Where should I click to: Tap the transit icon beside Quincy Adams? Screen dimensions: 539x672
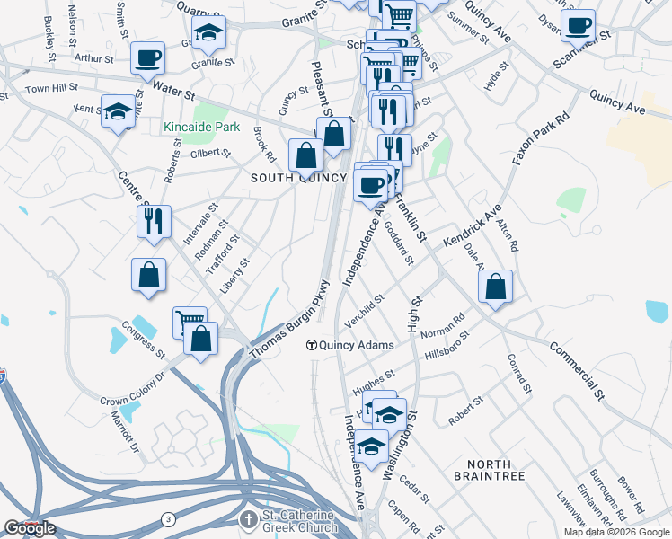tap(312, 344)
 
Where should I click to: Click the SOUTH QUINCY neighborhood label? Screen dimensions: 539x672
tap(298, 178)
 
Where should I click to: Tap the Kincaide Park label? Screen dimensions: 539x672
tap(202, 127)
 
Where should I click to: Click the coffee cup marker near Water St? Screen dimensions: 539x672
tap(148, 58)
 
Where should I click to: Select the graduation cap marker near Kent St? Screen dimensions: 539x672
tap(118, 111)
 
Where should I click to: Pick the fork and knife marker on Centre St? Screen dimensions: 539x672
tap(154, 220)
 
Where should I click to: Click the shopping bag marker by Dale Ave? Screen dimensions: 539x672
tap(495, 287)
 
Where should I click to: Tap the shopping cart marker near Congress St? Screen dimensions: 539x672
tap(190, 322)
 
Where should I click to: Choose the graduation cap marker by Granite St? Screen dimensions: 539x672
tap(209, 32)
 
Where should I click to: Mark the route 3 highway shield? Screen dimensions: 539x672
tap(168, 519)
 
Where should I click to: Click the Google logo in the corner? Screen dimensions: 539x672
tap(30, 528)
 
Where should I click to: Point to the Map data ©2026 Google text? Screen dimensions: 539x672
tap(616, 532)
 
